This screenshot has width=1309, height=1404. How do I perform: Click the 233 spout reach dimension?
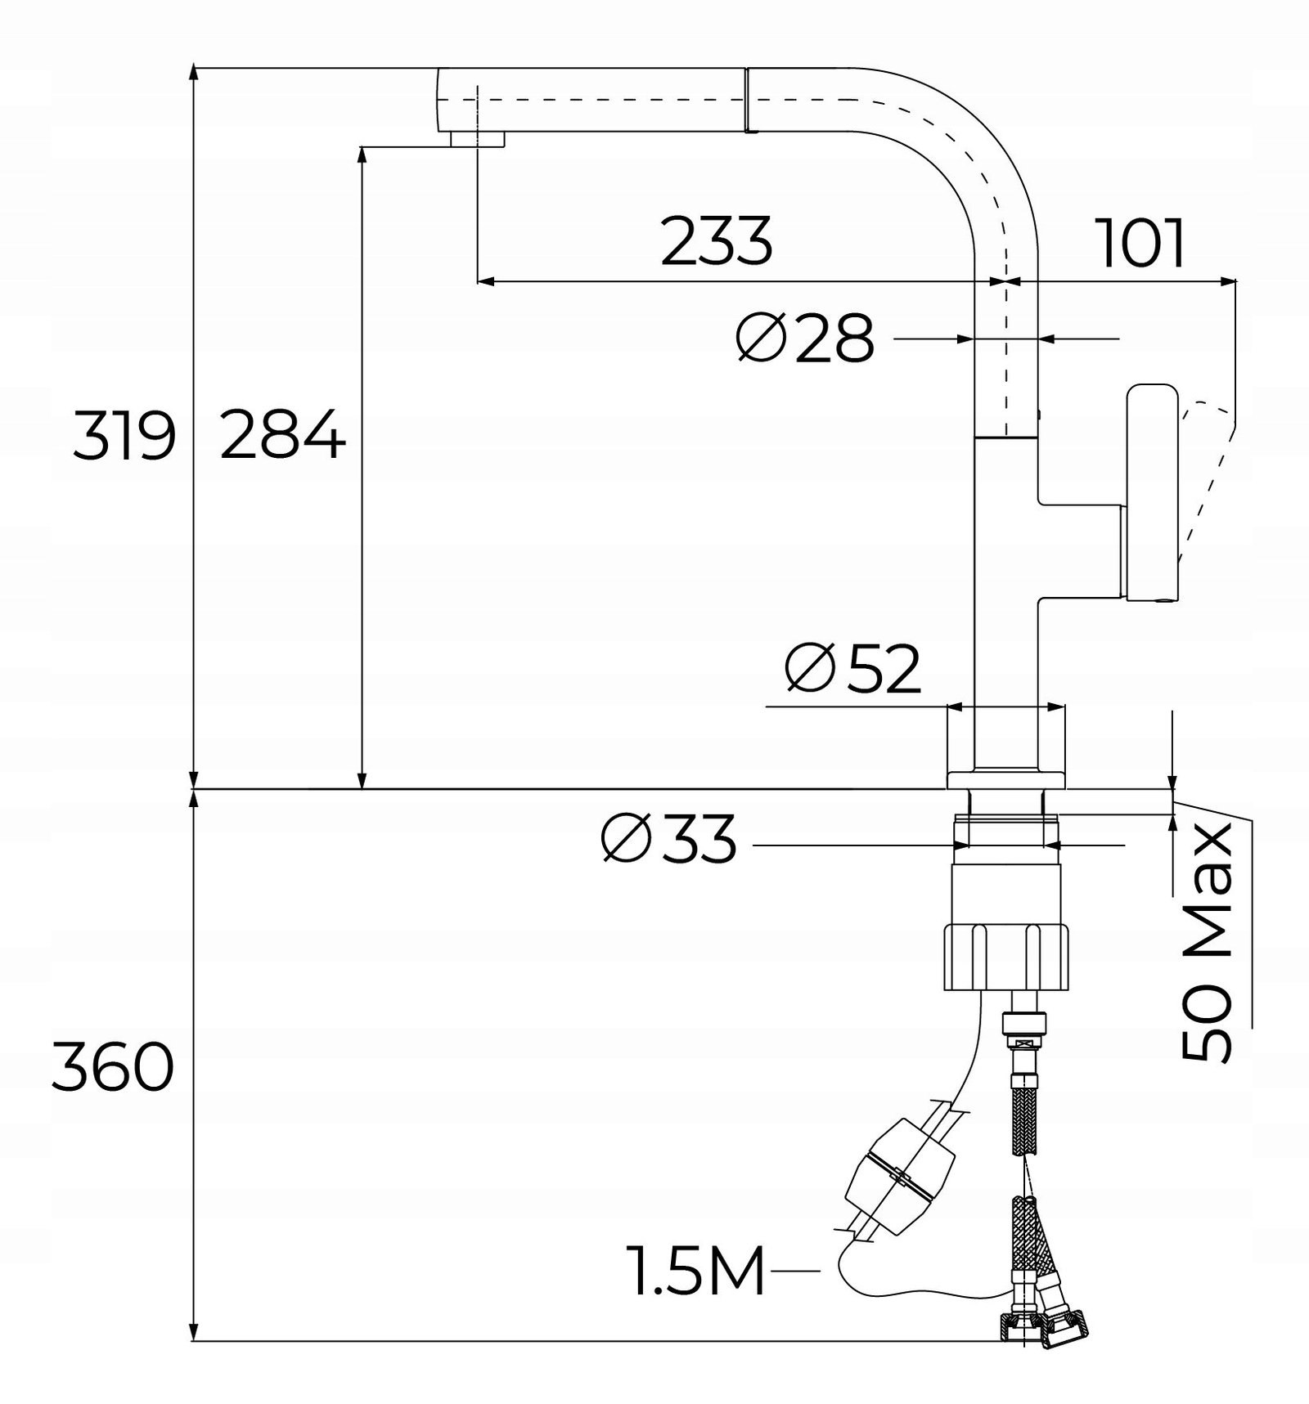coord(717,241)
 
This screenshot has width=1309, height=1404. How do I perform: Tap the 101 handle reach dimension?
coord(1142,243)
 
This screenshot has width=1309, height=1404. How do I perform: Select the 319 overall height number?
coord(124,436)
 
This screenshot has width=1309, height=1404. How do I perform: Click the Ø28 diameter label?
coord(805,339)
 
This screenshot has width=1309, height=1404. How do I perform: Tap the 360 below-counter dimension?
coord(113,1067)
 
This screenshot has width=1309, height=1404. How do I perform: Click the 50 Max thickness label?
coord(1208,942)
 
